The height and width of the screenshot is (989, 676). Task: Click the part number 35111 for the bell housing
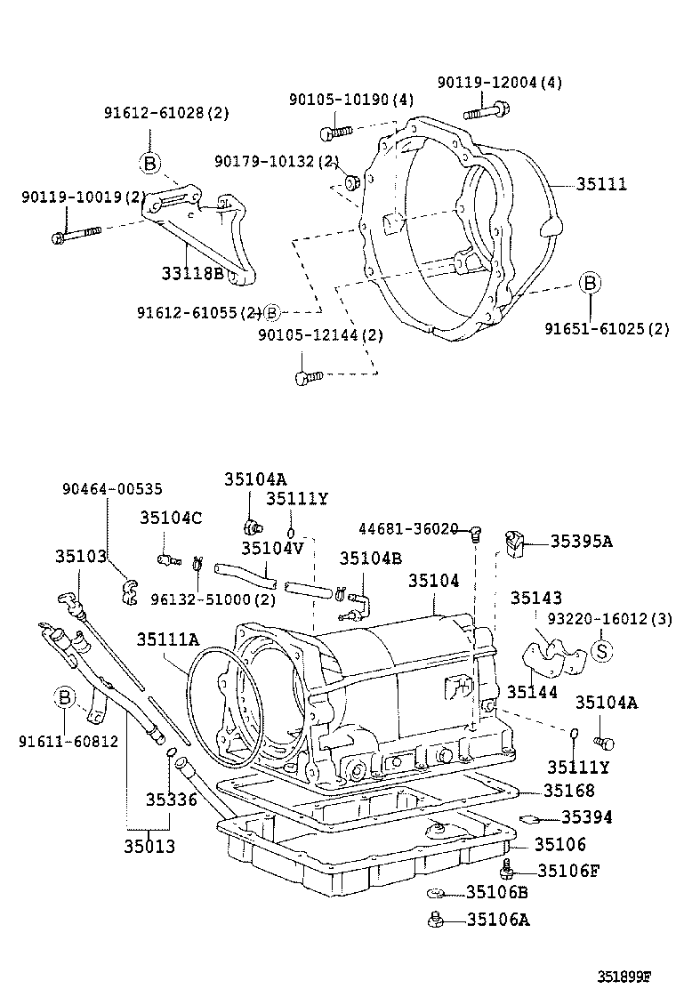(601, 184)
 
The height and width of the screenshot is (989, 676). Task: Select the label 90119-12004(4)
(500, 83)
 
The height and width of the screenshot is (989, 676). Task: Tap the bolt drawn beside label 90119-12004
(486, 112)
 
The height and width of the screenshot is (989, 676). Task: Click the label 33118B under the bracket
(192, 272)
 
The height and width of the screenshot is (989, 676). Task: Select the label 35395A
(582, 541)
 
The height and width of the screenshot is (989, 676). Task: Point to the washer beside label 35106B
(436, 892)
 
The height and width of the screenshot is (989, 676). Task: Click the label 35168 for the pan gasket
(569, 790)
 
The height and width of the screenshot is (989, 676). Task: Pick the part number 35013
(149, 846)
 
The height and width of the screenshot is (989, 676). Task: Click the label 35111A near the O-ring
(167, 639)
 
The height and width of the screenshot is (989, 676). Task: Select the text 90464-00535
(112, 489)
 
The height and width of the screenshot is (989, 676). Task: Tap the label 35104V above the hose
(272, 548)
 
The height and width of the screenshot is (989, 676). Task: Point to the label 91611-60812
(68, 740)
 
